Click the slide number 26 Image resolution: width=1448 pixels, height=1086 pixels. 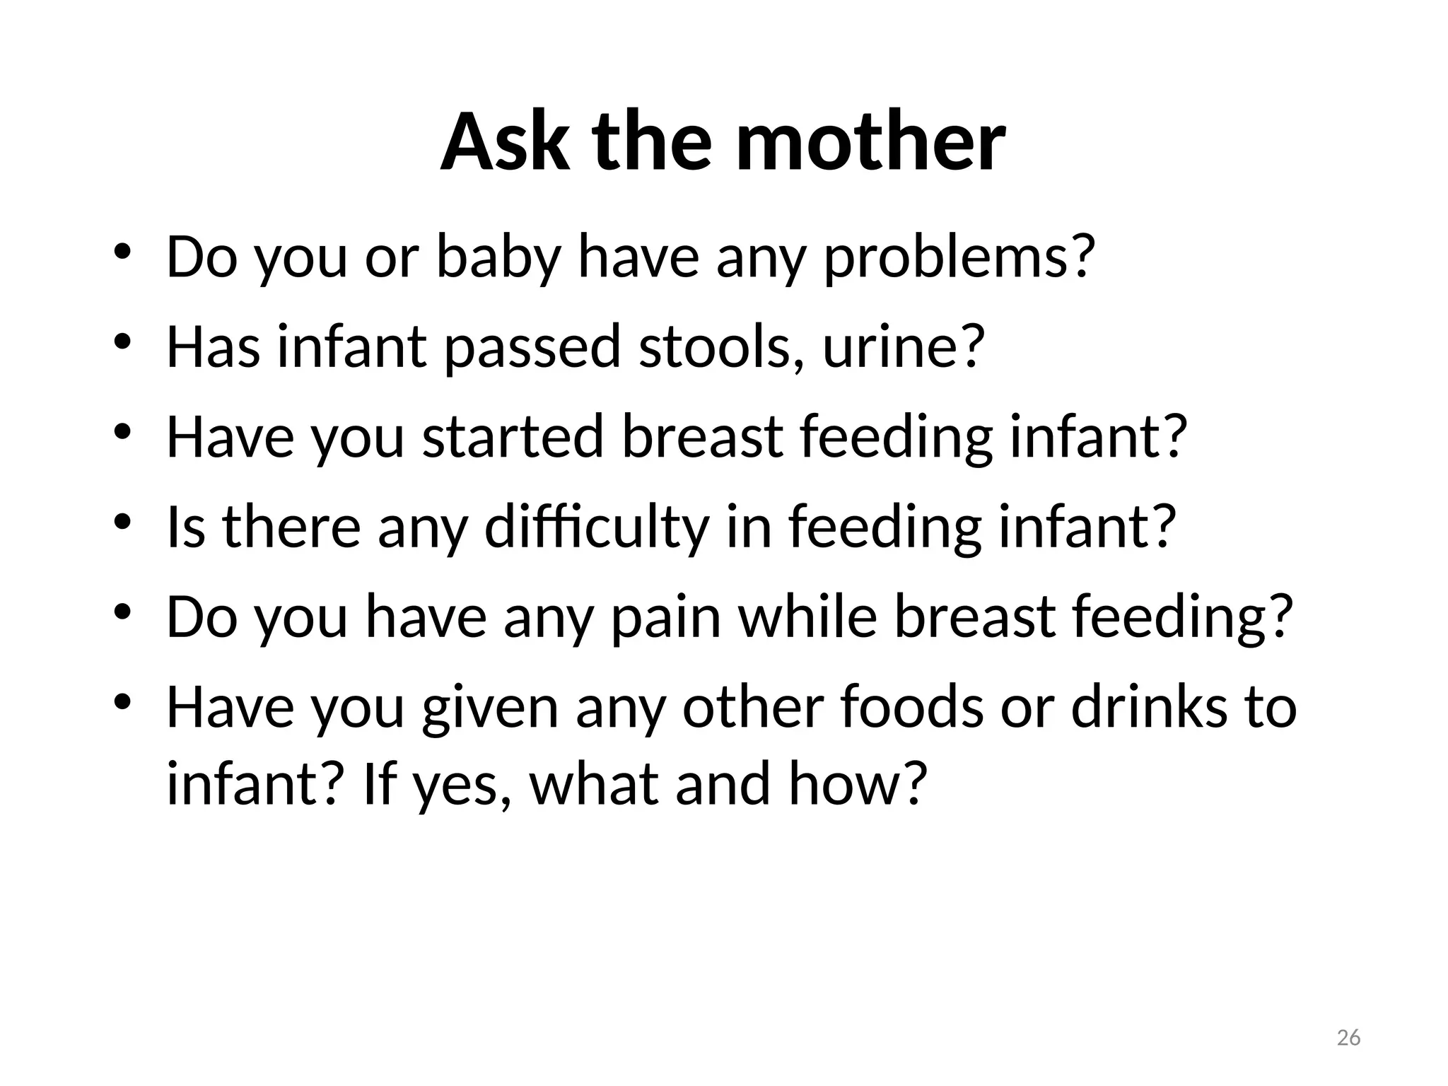coord(1348,1037)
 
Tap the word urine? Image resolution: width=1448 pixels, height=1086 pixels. coord(904,346)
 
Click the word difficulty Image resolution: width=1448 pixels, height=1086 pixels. coord(596,527)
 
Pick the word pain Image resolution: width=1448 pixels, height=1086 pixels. coord(665,617)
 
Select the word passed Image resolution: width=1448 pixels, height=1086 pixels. coord(532,346)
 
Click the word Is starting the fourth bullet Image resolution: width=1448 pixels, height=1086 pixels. coord(186,527)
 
